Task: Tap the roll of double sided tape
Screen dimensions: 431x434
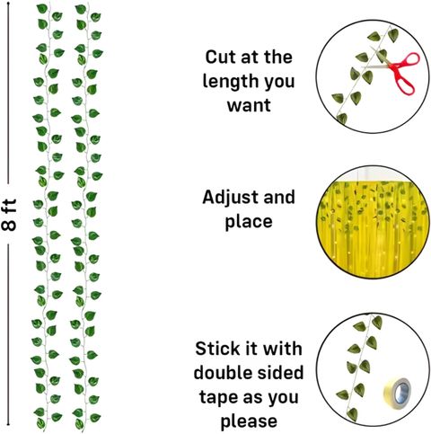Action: [x=398, y=392]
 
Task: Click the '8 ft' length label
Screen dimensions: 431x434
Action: [x=9, y=215]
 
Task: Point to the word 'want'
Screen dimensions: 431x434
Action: [x=249, y=105]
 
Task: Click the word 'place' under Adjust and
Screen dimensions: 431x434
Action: [x=249, y=222]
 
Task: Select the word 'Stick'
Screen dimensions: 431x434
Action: [x=217, y=349]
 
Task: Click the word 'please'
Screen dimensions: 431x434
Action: [x=249, y=421]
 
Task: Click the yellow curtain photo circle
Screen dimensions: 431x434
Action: [x=373, y=222]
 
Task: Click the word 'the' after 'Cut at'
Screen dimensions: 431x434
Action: [x=278, y=57]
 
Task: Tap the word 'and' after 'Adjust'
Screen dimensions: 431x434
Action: [x=279, y=198]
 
